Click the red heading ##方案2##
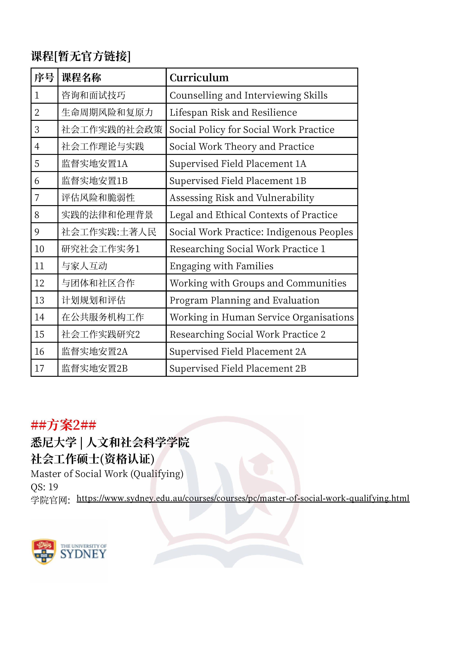tap(64, 425)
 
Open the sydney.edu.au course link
tap(243, 498)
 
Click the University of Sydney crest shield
tap(44, 552)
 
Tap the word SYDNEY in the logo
tap(83, 554)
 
